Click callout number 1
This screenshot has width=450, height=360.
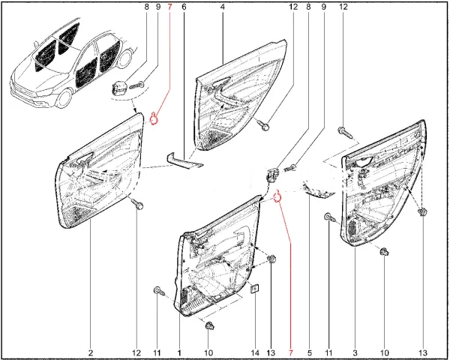point(179,352)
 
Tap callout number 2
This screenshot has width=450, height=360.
point(90,352)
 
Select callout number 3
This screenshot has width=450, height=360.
point(355,352)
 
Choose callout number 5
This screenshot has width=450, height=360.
point(310,352)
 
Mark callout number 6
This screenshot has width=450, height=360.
point(184,7)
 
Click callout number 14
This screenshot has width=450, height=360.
point(254,352)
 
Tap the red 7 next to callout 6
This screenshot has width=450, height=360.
point(169,7)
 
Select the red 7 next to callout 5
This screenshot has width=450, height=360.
point(291,352)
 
